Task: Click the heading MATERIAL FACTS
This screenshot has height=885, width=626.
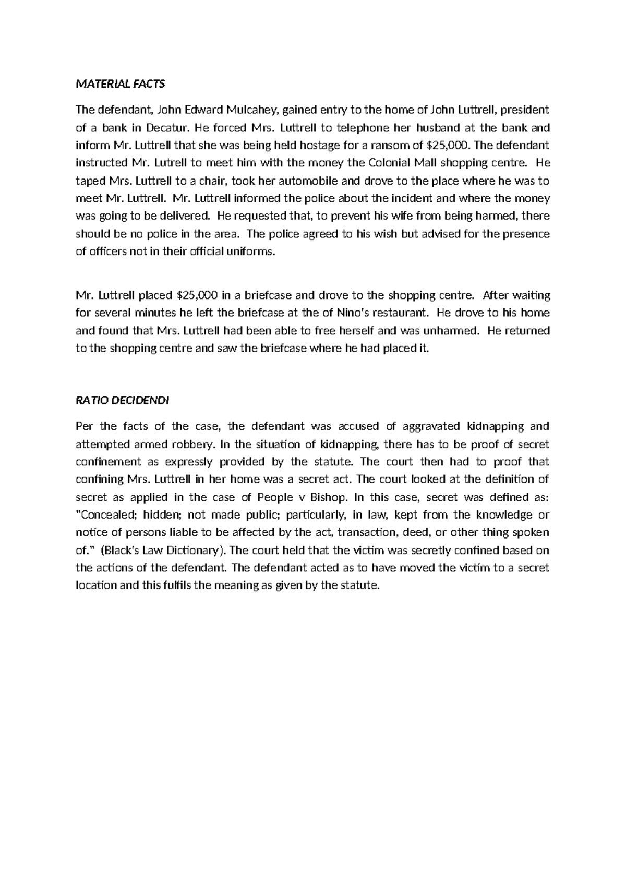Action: point(120,83)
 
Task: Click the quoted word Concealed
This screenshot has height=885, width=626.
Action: point(107,515)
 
